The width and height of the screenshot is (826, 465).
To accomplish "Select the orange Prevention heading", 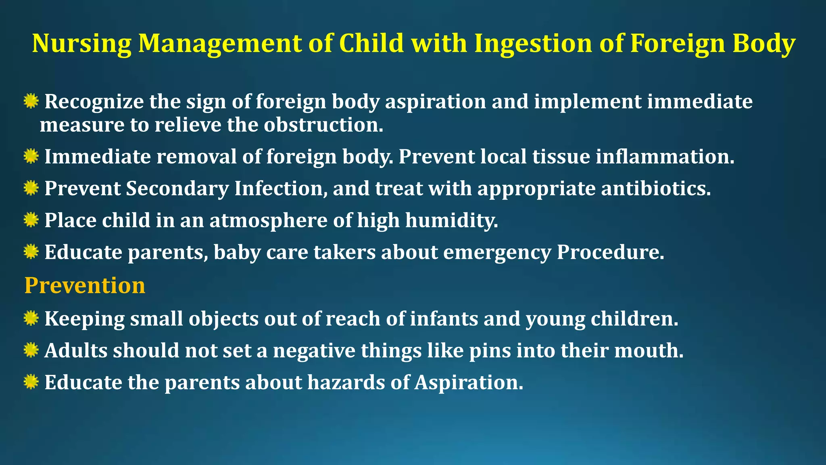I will tap(85, 285).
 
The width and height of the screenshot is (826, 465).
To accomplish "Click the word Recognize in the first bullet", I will tap(94, 101).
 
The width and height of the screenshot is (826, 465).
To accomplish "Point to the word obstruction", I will tap(323, 125).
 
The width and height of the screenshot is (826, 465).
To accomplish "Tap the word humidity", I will tap(452, 220).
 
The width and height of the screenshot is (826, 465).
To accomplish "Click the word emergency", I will tap(497, 252).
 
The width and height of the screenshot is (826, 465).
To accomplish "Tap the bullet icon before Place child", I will tap(31, 220).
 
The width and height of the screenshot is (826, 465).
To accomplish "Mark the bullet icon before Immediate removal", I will tap(31, 156).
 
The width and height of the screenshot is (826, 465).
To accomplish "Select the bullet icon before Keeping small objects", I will tap(31, 318).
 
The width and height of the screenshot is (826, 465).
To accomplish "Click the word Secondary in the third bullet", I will tap(177, 189).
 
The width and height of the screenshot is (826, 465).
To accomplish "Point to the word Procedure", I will tap(610, 252).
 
